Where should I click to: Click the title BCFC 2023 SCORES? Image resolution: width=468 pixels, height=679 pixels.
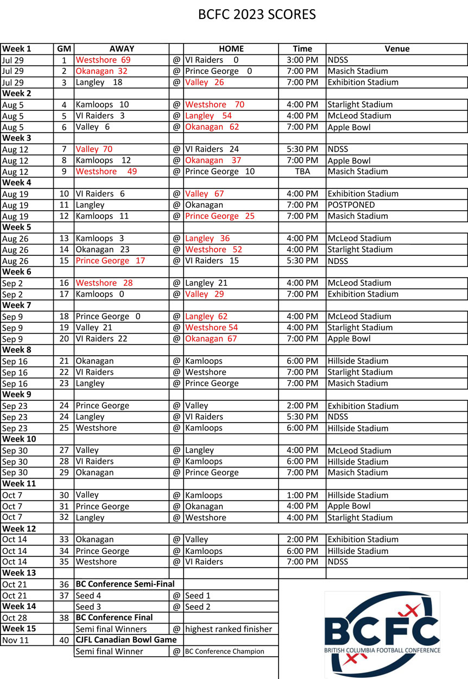pyautogui.click(x=257, y=15)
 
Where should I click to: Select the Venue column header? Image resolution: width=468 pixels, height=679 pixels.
pyautogui.click(x=397, y=49)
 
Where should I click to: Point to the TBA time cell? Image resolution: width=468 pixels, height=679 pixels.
pyautogui.click(x=302, y=171)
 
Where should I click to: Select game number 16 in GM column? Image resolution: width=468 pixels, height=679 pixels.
pyautogui.click(x=64, y=283)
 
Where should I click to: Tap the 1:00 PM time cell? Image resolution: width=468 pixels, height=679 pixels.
pyautogui.click(x=302, y=495)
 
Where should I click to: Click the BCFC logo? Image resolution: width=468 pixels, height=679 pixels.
pyautogui.click(x=382, y=634)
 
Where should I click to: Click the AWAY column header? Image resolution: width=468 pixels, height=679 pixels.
pyautogui.click(x=122, y=49)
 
